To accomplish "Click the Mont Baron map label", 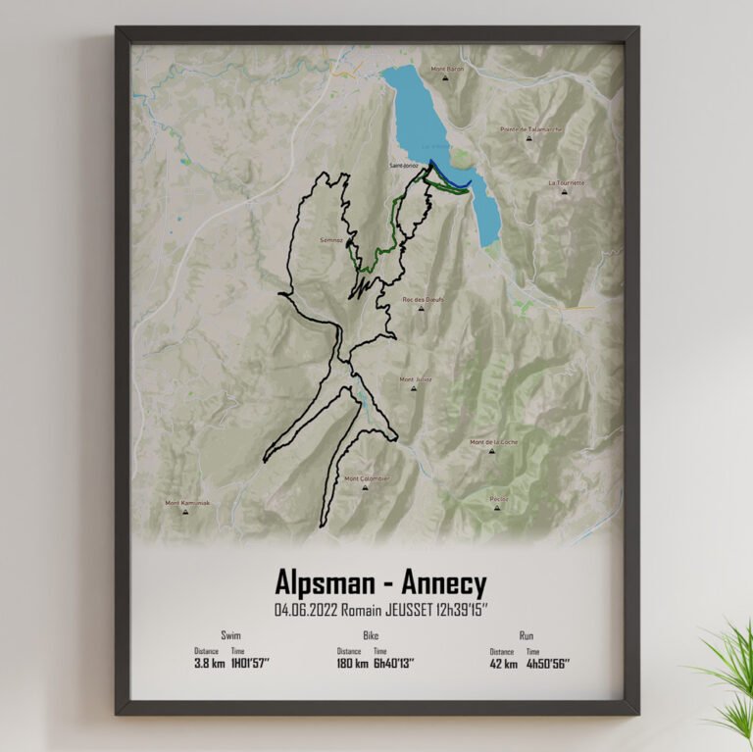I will pos(447,70).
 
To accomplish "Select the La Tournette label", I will pos(567,183).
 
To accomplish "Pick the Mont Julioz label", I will pos(415,379).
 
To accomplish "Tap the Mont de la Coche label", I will pos(493,442).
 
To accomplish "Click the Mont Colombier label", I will pos(367,478).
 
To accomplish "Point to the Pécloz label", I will pos(499,498).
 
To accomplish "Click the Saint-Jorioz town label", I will pos(404,165).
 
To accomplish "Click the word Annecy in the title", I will pos(441,584).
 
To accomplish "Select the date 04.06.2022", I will pos(306,610).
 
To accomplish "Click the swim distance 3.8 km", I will pos(207,663).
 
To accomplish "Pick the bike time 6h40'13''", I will pos(393,663).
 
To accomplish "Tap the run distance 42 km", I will pos(502,663).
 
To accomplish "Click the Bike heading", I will pos(371,635).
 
